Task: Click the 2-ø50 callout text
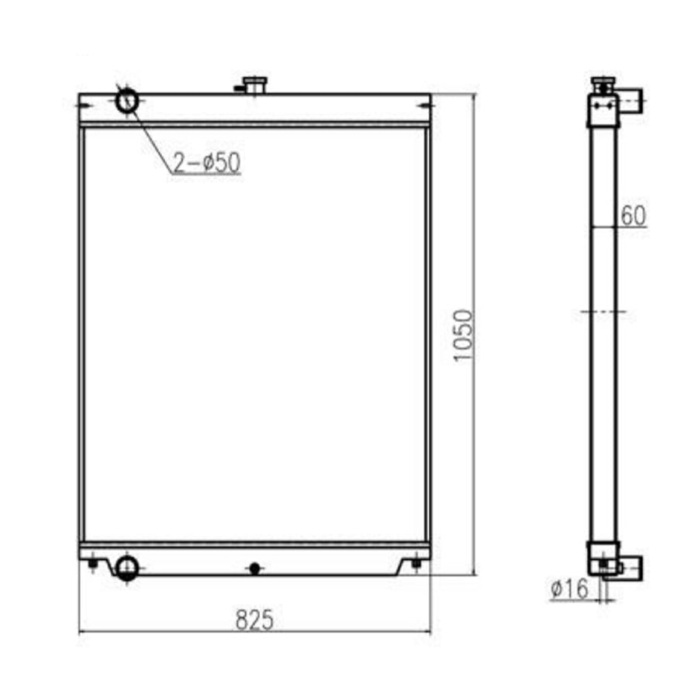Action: pos(206,163)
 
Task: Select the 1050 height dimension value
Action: pos(462,335)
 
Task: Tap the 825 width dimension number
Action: pos(254,620)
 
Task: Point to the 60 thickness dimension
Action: pos(633,216)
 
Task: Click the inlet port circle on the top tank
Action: pos(127,101)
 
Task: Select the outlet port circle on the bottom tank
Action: pos(126,568)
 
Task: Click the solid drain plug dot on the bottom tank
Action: pos(254,568)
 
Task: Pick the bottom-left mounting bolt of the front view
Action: pos(93,563)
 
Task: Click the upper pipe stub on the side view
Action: pos(632,99)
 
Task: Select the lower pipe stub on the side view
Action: pos(632,568)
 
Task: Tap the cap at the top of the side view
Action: pos(603,82)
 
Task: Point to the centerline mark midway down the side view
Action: pos(603,312)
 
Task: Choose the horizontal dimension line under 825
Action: pos(254,632)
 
